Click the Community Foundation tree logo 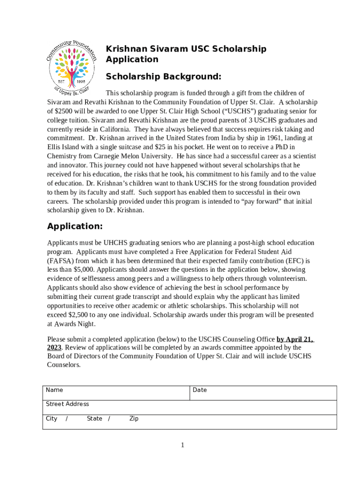point(72,65)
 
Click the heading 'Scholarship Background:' point(163,76)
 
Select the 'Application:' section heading point(75,226)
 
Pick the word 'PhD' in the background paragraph point(295,147)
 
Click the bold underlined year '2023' point(54,348)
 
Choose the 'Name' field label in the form point(54,390)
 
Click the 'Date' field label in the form point(200,390)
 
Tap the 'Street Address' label point(67,404)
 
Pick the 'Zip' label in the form point(134,419)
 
